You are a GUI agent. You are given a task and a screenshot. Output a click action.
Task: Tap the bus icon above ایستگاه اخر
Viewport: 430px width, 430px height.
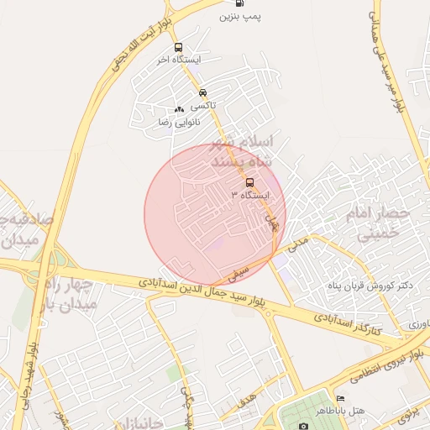click(177, 47)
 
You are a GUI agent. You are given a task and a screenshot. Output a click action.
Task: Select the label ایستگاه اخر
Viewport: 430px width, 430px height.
click(175, 60)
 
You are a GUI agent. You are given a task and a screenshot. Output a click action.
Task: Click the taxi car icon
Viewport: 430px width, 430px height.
click(202, 93)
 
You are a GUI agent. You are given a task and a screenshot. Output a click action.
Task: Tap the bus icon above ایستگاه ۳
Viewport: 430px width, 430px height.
click(249, 182)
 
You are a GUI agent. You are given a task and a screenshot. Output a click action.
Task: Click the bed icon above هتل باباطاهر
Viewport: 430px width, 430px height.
click(340, 398)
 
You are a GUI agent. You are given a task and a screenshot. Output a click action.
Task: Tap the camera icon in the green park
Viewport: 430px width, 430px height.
click(302, 426)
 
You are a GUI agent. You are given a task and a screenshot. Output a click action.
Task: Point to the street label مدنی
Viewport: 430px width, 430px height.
click(298, 244)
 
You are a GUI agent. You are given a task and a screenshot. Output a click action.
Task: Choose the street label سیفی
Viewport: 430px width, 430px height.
click(239, 273)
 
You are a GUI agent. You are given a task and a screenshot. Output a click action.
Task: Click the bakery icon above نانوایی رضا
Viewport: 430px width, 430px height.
click(178, 109)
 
